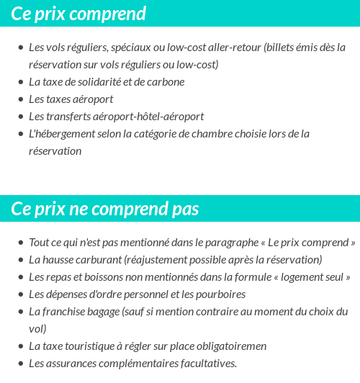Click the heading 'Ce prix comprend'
[x=78, y=14]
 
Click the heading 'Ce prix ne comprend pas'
[x=105, y=209]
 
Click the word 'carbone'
[x=166, y=81]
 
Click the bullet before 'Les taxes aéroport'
[x=20, y=99]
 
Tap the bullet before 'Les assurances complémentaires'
[x=20, y=364]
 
